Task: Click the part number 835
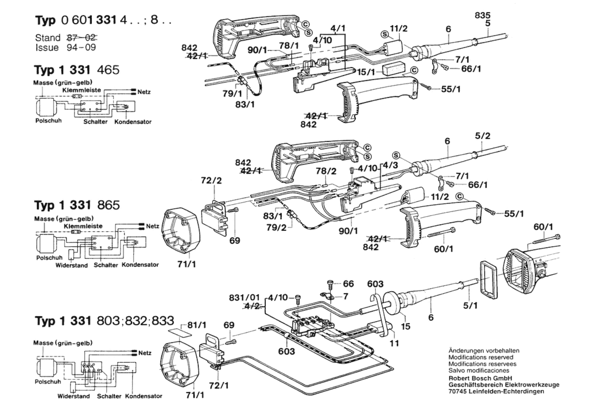pyautogui.click(x=482, y=15)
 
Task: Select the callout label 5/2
pyautogui.click(x=483, y=136)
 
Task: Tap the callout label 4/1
pyautogui.click(x=338, y=28)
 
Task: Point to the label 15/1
pyautogui.click(x=366, y=72)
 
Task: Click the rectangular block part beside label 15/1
pyautogui.click(x=394, y=69)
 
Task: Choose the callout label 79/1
pyautogui.click(x=233, y=94)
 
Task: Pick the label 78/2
pyautogui.click(x=326, y=171)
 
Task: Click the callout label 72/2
pyautogui.click(x=211, y=180)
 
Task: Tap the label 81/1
pyautogui.click(x=197, y=325)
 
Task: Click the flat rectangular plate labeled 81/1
pyautogui.click(x=180, y=332)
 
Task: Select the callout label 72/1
pyautogui.click(x=219, y=385)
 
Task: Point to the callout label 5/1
pyautogui.click(x=470, y=305)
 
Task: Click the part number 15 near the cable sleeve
pyautogui.click(x=406, y=326)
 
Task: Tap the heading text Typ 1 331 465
pyautogui.click(x=77, y=70)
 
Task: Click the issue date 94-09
pyautogui.click(x=81, y=47)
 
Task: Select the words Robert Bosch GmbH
pyautogui.click(x=480, y=378)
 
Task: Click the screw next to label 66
pyautogui.click(x=330, y=284)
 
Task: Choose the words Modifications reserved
pyautogui.click(x=481, y=357)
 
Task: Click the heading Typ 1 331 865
pyautogui.click(x=77, y=205)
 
